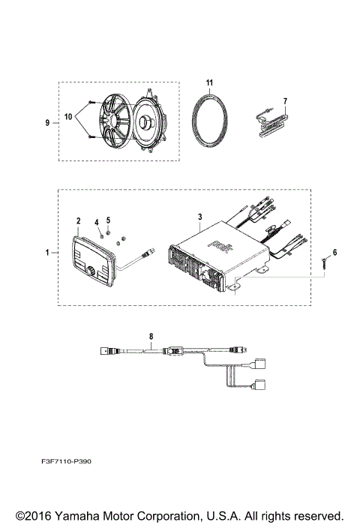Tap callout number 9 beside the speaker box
pyautogui.click(x=47, y=121)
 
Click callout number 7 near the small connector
pyautogui.click(x=284, y=100)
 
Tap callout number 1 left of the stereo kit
pyautogui.click(x=48, y=253)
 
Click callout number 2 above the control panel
pyautogui.click(x=77, y=220)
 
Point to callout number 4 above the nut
pyautogui.click(x=96, y=223)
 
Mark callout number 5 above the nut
pyautogui.click(x=108, y=220)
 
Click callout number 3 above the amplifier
pyautogui.click(x=199, y=216)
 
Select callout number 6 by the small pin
pyautogui.click(x=334, y=253)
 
